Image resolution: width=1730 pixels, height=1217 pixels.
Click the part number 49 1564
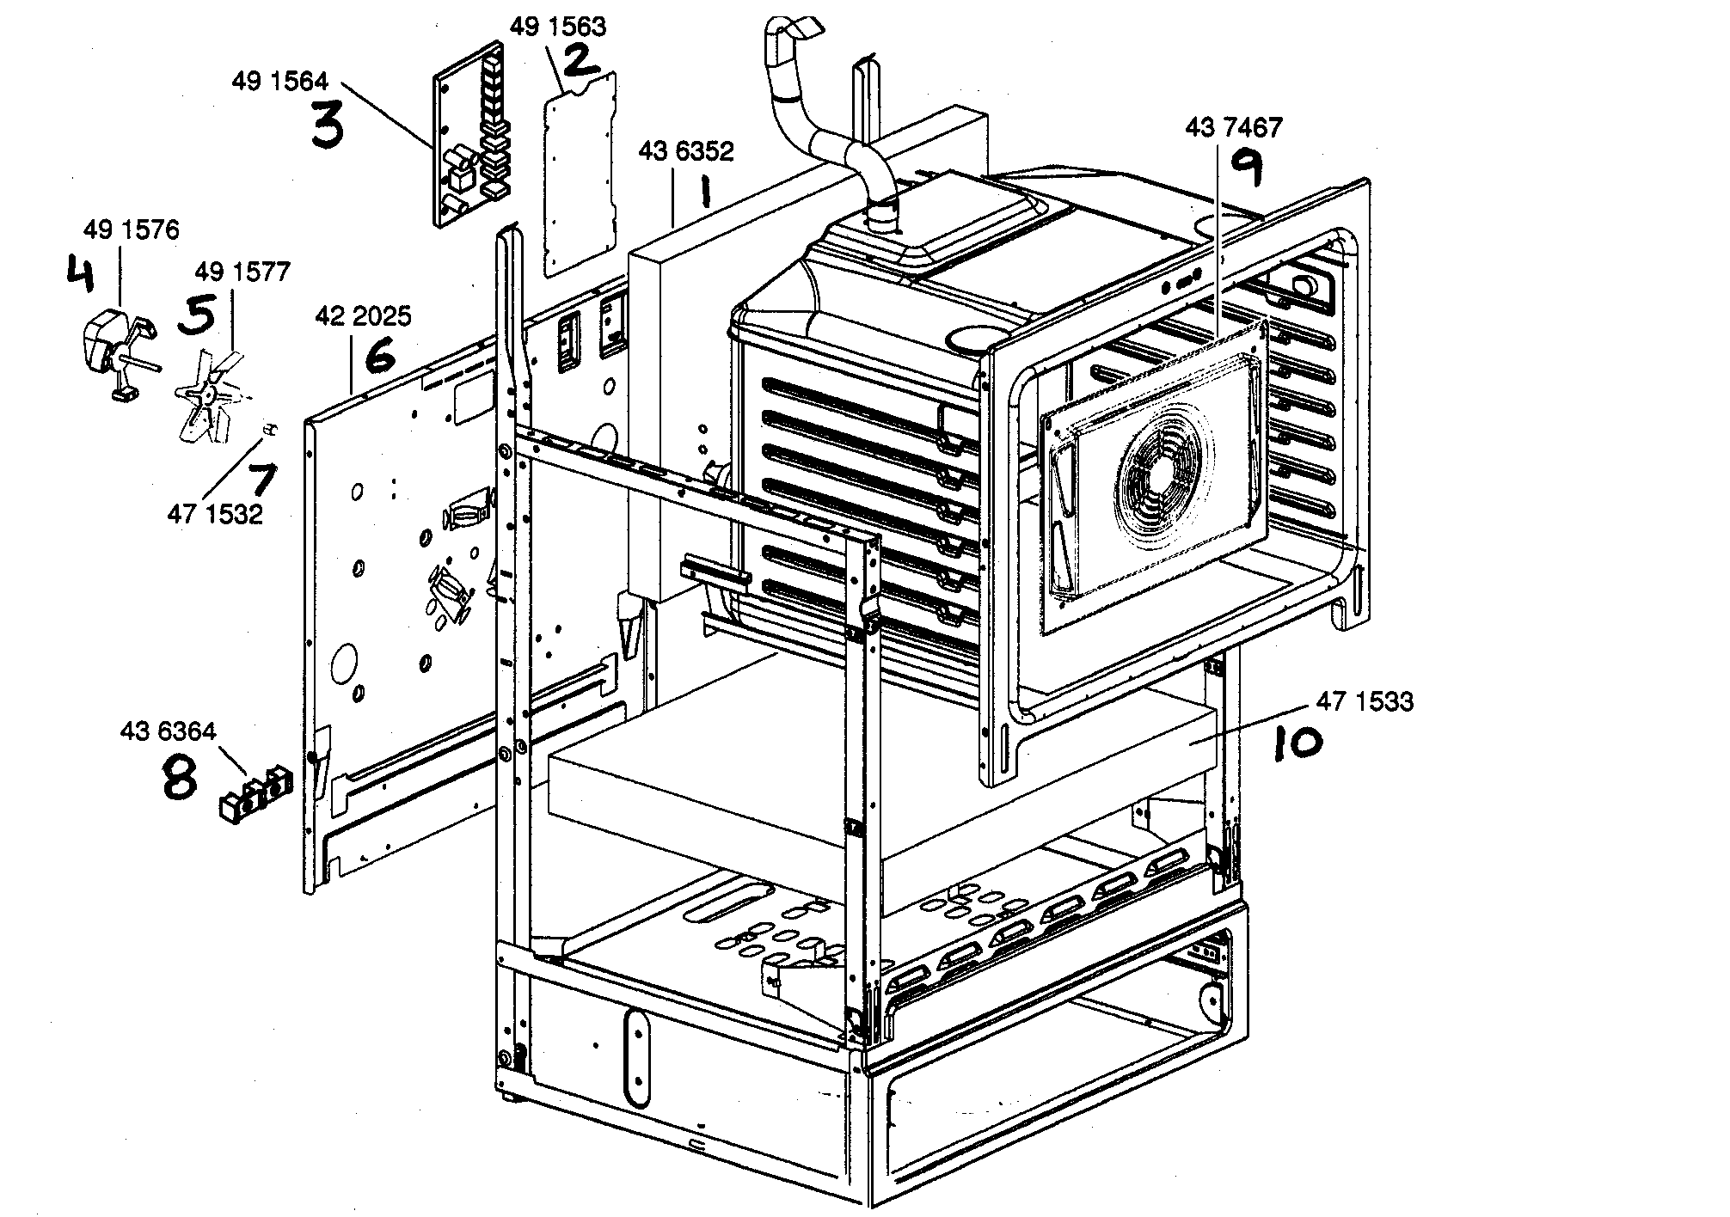tap(279, 82)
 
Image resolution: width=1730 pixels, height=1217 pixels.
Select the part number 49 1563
tap(557, 27)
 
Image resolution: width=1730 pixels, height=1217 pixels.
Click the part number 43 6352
tap(685, 151)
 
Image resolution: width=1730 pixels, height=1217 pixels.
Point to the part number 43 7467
tap(1232, 128)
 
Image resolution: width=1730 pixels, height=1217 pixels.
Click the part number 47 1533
tap(1364, 702)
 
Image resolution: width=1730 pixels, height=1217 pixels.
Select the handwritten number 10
tap(1296, 743)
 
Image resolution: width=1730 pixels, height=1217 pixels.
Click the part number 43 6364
tap(169, 731)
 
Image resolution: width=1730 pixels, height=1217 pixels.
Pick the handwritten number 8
tap(179, 778)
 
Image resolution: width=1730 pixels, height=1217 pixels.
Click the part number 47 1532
tap(215, 514)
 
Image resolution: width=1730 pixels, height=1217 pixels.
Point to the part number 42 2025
tap(363, 315)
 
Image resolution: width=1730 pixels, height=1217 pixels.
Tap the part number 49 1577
tap(242, 272)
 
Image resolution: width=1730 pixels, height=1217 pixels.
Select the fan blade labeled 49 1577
tap(203, 400)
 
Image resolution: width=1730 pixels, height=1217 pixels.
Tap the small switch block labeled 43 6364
tap(255, 795)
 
